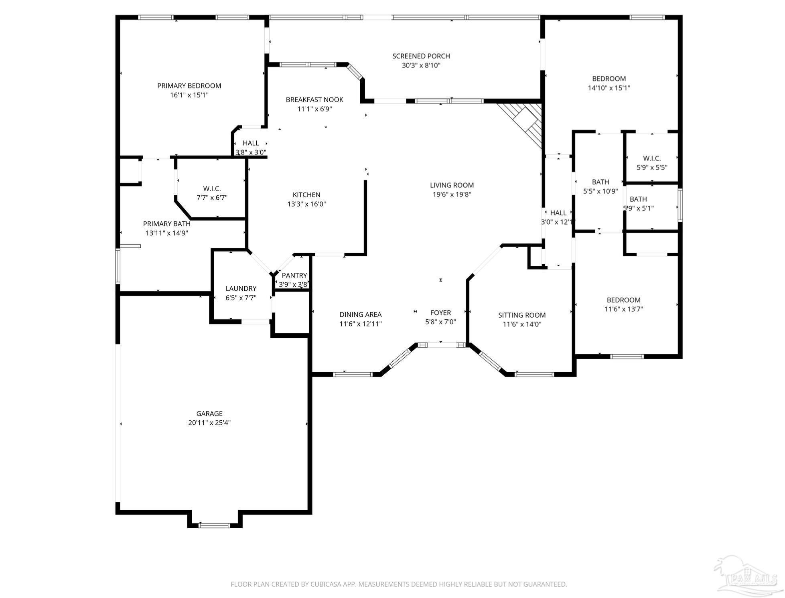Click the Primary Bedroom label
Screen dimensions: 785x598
(x=189, y=86)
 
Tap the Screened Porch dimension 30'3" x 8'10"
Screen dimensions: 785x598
(x=421, y=65)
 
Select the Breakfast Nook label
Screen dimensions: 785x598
(x=314, y=99)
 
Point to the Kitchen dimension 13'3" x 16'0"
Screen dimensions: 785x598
(x=306, y=204)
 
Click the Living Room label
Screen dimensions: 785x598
(x=452, y=185)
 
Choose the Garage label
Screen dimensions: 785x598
(x=209, y=414)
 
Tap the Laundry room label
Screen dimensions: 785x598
(x=241, y=288)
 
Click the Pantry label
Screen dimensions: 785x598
(x=294, y=276)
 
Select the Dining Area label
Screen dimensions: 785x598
(x=360, y=315)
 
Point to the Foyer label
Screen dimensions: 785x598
(x=440, y=313)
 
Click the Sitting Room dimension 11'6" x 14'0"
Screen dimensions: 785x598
(x=522, y=324)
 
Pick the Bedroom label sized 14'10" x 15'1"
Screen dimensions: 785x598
(x=609, y=79)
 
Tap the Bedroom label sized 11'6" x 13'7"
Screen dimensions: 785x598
(x=623, y=300)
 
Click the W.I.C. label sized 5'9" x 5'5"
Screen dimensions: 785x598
(x=652, y=158)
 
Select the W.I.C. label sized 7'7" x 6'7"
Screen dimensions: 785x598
(x=212, y=189)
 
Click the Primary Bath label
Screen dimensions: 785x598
(x=166, y=224)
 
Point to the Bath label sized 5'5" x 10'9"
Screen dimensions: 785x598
(x=600, y=182)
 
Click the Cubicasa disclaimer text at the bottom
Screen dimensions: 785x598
(x=399, y=584)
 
